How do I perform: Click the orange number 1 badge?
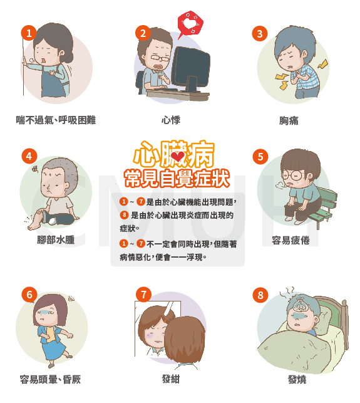29,33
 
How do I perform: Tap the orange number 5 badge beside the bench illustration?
260,157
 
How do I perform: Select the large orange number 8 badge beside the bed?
260,295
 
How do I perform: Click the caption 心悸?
171,120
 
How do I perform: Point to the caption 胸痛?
289,120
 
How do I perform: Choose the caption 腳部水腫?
56,240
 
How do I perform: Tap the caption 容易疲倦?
291,241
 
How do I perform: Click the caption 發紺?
171,379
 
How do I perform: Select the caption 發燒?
297,379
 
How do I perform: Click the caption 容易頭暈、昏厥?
50,379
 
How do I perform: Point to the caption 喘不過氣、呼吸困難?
56,120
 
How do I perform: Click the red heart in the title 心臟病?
178,156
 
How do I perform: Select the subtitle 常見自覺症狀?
177,179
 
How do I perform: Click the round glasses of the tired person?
291,175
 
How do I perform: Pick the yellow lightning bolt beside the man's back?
323,64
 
